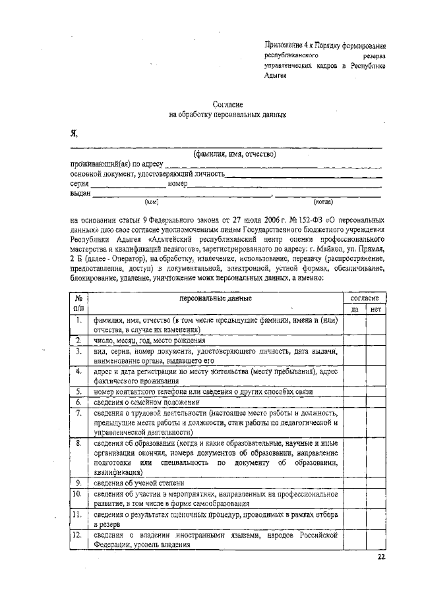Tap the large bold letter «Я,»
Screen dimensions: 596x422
click(74, 134)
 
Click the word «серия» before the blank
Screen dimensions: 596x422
click(80, 184)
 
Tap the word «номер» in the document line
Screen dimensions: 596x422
click(178, 184)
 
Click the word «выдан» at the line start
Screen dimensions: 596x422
click(80, 193)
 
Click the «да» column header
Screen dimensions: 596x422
click(354, 309)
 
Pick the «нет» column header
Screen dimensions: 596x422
click(376, 309)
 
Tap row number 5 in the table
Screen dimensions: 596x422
click(78, 391)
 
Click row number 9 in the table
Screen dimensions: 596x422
click(78, 482)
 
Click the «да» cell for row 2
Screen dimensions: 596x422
click(354, 340)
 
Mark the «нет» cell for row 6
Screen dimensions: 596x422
click(376, 401)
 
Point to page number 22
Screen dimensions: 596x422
click(380, 557)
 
